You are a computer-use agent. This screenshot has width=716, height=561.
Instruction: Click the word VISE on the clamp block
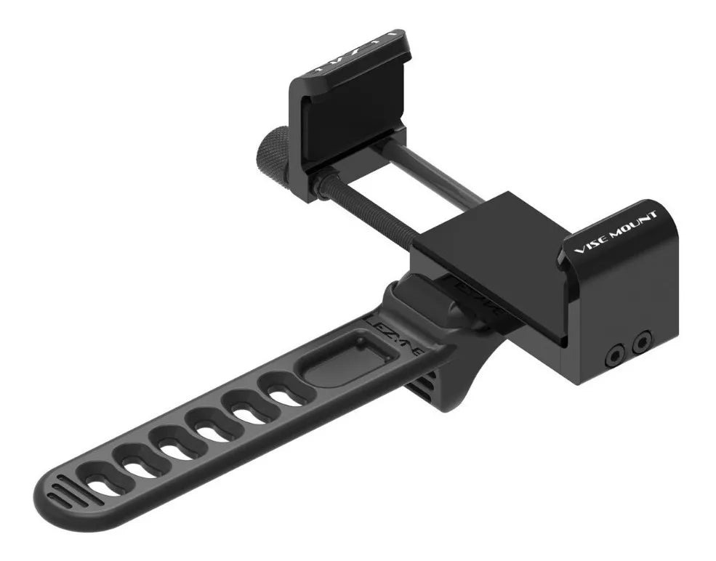pyautogui.click(x=590, y=242)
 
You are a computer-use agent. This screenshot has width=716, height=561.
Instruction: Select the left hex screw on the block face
pyautogui.click(x=615, y=353)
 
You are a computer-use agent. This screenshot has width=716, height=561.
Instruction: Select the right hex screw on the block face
pyautogui.click(x=642, y=341)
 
